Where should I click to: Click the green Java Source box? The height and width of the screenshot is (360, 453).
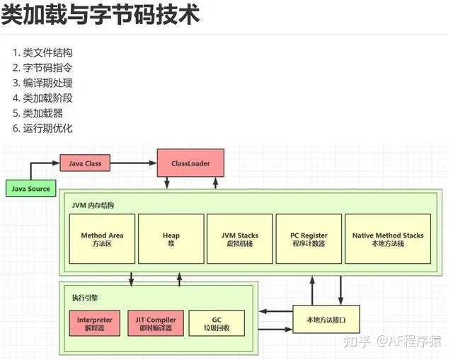tap(30, 189)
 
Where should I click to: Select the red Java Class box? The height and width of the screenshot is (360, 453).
tap(85, 163)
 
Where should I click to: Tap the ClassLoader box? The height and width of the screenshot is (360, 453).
tap(190, 163)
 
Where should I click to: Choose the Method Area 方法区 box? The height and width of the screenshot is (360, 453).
tap(102, 239)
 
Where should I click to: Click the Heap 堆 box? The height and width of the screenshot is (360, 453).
tap(171, 239)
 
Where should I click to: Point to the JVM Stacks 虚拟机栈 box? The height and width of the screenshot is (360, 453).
tap(239, 239)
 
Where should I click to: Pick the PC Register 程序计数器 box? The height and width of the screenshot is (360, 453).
tap(309, 239)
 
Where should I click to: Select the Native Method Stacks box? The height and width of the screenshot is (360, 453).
tap(388, 239)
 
